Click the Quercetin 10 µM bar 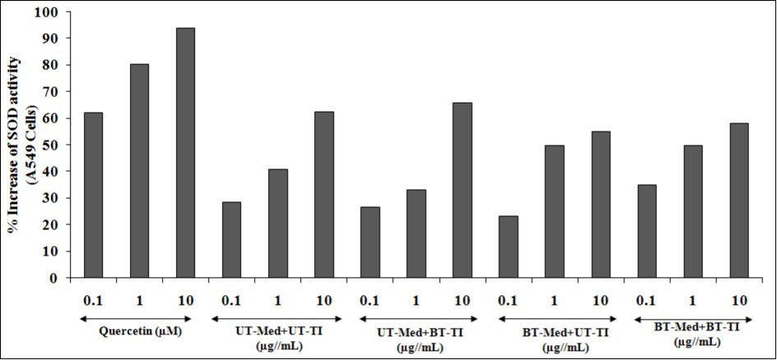185,153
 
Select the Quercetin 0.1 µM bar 93,195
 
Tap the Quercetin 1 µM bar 139,171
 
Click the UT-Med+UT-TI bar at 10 324,195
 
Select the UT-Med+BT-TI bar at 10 462,190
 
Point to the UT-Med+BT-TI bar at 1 416,233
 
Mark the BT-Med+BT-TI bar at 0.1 646,231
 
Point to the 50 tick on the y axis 52,145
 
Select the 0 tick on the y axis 55,278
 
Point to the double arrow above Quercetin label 139,316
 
